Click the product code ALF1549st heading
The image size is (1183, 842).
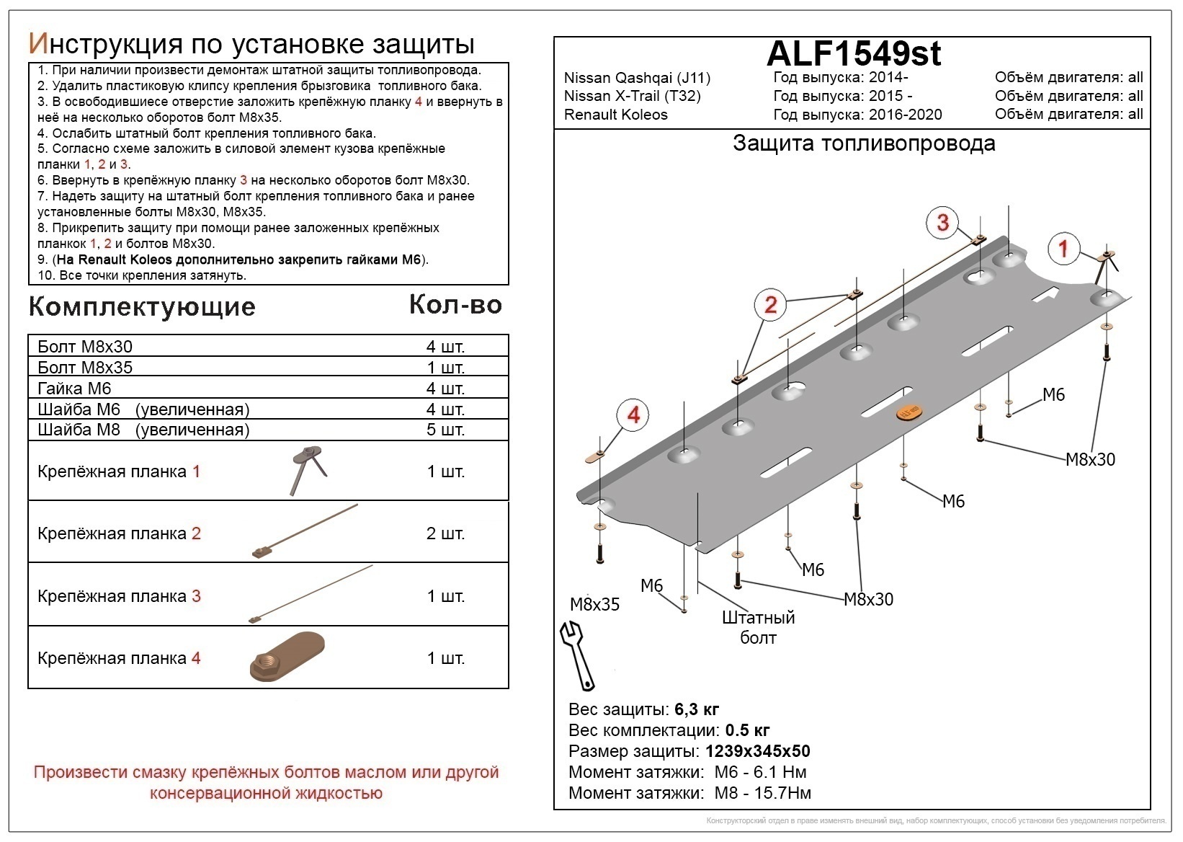(853, 53)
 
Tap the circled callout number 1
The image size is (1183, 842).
(1063, 249)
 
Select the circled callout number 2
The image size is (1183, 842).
(770, 305)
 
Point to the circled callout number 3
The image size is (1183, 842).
(942, 222)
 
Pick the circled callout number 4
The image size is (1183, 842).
(633, 415)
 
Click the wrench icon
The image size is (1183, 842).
(577, 655)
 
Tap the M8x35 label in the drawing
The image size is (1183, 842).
(594, 604)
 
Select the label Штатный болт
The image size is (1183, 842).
(758, 627)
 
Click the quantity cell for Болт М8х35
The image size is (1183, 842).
(445, 368)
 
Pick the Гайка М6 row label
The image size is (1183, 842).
(74, 389)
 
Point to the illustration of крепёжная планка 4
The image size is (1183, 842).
(286, 657)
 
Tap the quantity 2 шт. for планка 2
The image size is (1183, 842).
(445, 533)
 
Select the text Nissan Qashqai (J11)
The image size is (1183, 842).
(637, 78)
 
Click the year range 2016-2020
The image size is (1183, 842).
(905, 115)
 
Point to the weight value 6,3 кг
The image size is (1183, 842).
(697, 709)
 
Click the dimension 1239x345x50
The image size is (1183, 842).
(757, 751)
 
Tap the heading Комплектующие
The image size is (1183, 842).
(142, 307)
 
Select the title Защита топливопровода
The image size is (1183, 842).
(864, 143)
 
